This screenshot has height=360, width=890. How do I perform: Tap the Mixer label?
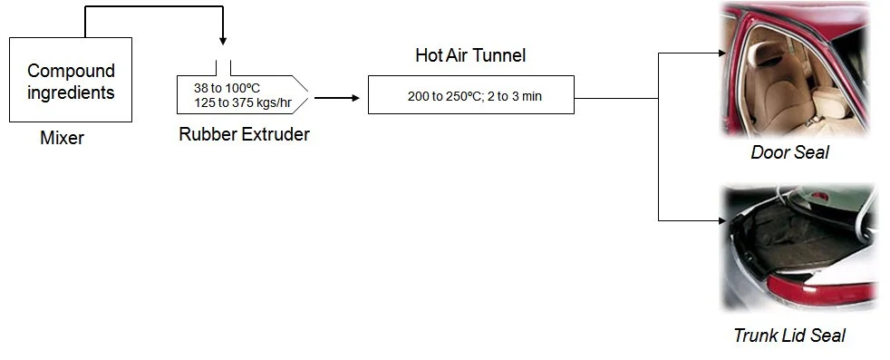62,138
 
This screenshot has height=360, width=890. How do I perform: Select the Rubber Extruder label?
244,134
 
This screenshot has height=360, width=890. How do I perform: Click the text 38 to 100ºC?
227,88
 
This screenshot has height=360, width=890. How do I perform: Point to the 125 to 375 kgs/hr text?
243,102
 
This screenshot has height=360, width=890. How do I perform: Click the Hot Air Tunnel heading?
470,55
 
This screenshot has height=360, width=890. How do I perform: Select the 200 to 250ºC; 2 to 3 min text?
475,96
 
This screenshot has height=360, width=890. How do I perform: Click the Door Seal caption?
789,152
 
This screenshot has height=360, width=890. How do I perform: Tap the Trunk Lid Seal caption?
789,335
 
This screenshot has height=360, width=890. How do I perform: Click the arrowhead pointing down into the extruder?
223,42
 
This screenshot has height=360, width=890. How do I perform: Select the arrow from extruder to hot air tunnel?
337,98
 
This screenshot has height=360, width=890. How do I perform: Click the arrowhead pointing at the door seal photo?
722,54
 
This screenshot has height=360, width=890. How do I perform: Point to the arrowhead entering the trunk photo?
722,220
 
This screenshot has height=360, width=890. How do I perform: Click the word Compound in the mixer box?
71,71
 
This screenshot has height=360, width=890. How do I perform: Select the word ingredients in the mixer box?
71,92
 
